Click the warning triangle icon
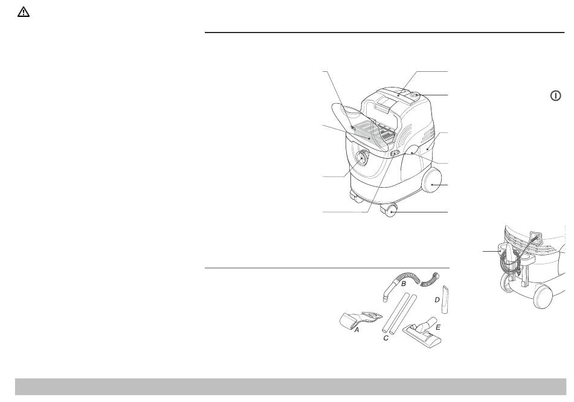24,12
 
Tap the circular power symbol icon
555,96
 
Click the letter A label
356,330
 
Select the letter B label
404,284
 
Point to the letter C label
385,339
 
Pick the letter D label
437,300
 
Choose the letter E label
438,327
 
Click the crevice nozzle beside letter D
445,299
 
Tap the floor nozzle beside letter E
422,331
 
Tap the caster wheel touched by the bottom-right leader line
389,211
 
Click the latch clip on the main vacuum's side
395,153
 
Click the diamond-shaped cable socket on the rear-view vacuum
537,236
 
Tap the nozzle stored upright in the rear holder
509,255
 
